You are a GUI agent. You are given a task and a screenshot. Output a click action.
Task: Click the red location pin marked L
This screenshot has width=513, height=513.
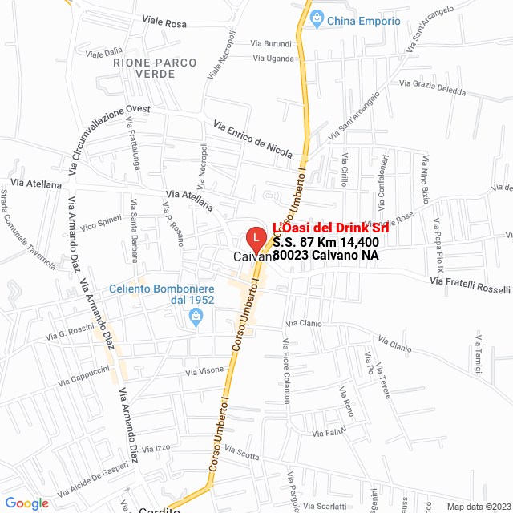coord(255,238)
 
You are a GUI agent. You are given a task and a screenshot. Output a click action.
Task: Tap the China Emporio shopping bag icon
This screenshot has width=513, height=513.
coord(317,17)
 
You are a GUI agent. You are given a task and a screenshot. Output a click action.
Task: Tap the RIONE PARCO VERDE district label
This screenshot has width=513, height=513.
coord(144,67)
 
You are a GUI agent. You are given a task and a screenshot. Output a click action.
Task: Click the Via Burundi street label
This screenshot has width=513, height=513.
coord(271,43)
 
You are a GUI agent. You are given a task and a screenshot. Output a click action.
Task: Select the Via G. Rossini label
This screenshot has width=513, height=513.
coord(72,334)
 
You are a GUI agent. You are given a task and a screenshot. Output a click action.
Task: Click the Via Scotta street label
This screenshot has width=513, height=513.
coord(242,454)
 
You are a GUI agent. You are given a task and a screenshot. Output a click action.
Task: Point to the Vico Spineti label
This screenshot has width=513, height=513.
coord(100,222)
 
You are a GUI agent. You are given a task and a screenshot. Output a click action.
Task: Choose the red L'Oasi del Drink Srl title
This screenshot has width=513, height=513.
coord(330,228)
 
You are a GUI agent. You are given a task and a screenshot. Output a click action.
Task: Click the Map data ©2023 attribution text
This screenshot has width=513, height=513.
coord(478,507)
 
